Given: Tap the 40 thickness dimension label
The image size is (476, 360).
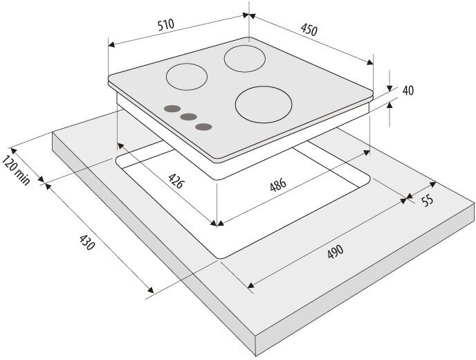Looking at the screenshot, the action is tap(408, 91).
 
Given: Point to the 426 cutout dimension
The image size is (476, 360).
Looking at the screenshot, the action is tap(176, 182).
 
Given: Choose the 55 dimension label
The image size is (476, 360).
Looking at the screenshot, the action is tap(427, 201).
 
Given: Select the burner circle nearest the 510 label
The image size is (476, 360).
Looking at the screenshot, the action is tap(185, 76).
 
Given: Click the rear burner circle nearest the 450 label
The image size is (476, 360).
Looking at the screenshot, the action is tap(244, 56).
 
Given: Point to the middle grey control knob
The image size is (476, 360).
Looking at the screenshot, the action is tap(187, 117).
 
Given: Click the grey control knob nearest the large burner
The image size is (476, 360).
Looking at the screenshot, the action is tap(203, 126).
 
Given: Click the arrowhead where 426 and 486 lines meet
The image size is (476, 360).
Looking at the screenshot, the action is tap(218, 224).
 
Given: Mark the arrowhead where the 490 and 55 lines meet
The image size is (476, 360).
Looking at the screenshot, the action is tap(405, 199).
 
